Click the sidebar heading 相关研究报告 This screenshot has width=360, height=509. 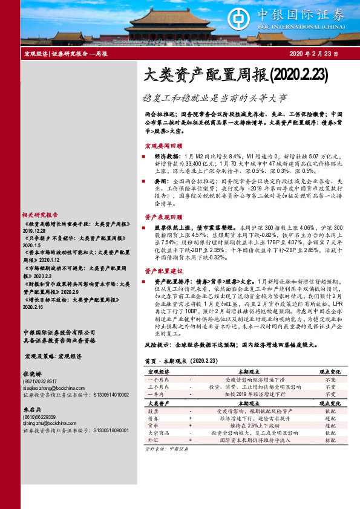(39, 215)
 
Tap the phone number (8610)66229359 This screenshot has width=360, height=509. (39, 417)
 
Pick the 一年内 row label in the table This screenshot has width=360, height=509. (156, 393)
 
